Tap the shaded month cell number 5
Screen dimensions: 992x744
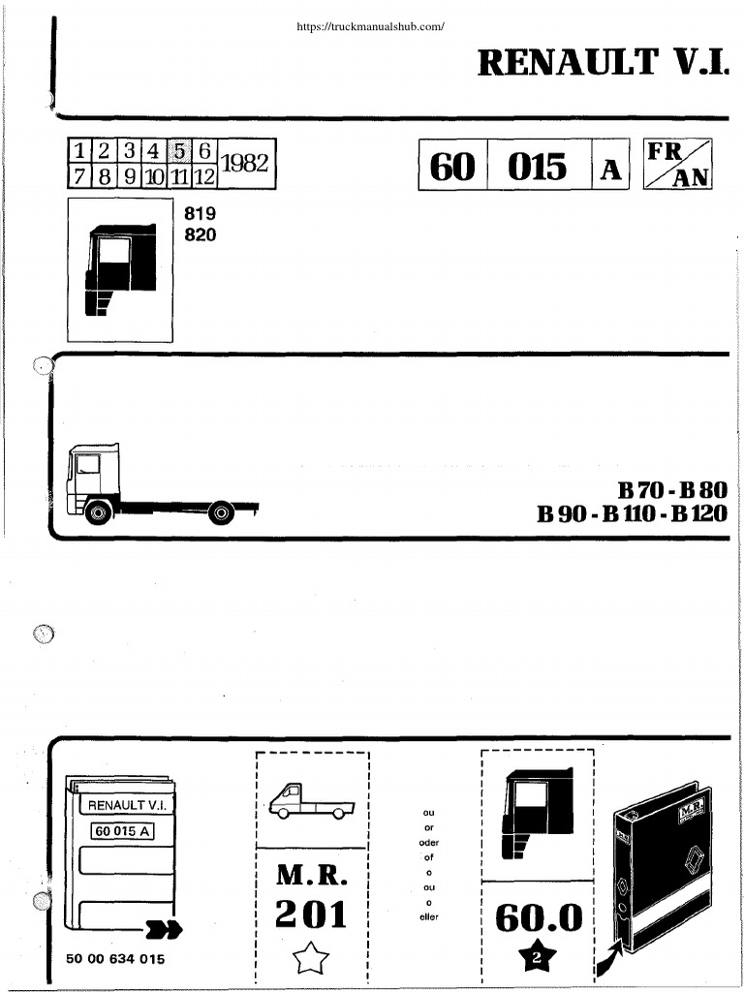[179, 151]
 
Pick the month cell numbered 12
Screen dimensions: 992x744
[203, 177]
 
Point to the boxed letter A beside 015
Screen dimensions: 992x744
[610, 170]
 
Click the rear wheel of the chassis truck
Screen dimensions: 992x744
[222, 511]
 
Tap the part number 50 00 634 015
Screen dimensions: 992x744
[115, 958]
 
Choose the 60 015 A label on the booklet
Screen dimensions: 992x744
[120, 830]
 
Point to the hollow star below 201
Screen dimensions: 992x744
[311, 960]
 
